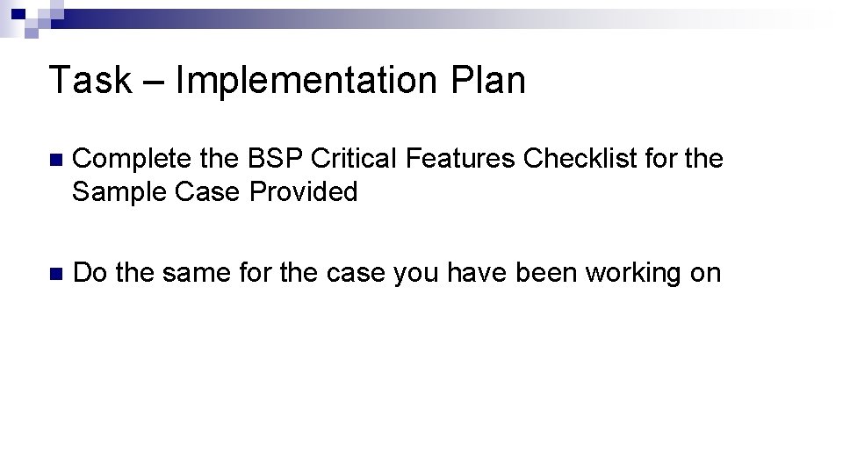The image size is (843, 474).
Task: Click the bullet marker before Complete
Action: point(55,161)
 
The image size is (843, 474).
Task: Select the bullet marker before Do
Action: point(55,274)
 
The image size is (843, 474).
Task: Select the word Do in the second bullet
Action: point(90,273)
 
